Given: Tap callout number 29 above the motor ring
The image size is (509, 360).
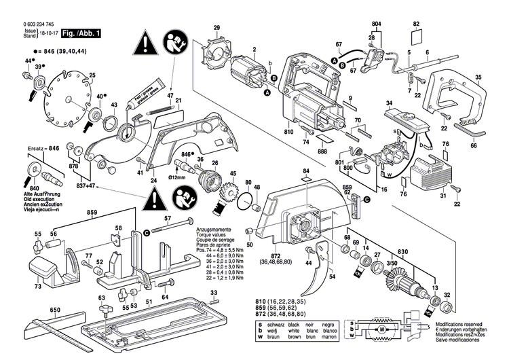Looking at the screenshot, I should click(216, 27).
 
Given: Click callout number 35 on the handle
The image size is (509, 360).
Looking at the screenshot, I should click(478, 78).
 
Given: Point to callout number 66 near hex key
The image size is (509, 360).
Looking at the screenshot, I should click(473, 145).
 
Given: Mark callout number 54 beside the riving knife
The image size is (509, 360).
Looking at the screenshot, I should click(333, 277).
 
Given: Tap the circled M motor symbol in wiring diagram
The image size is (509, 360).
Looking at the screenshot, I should click(381, 329).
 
